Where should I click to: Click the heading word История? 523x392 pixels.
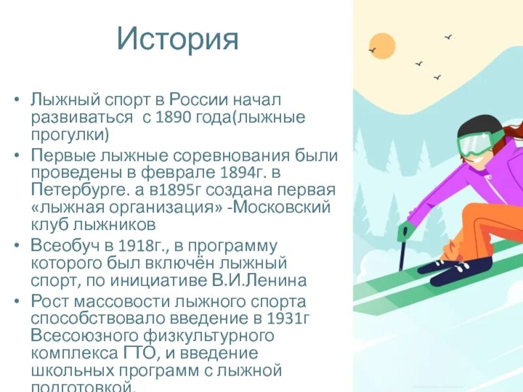point(178,40)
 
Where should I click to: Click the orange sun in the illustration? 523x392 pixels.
point(382,46)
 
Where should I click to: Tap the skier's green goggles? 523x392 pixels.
point(475,144)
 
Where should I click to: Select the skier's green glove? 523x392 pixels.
point(407,231)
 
